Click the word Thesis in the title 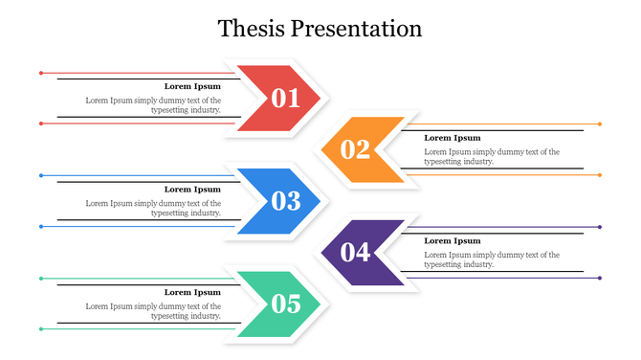coord(251,29)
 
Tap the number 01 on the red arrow coord(286,98)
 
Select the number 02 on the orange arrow coord(355,149)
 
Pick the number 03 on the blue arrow coord(286,201)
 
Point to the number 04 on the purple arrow coord(355,253)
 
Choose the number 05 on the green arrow coord(286,304)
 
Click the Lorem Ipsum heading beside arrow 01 coord(192,86)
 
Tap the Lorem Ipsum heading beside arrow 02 coord(453,138)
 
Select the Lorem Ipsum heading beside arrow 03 coord(192,190)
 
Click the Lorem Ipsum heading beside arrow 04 coord(453,241)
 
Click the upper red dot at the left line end coord(41,73)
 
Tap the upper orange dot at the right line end coord(600,124)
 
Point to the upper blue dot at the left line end coord(41,175)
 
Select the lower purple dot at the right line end coord(600,279)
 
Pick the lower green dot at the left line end coord(41,329)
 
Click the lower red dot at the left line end coord(41,124)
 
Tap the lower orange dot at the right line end coord(600,175)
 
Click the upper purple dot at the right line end coord(600,228)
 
